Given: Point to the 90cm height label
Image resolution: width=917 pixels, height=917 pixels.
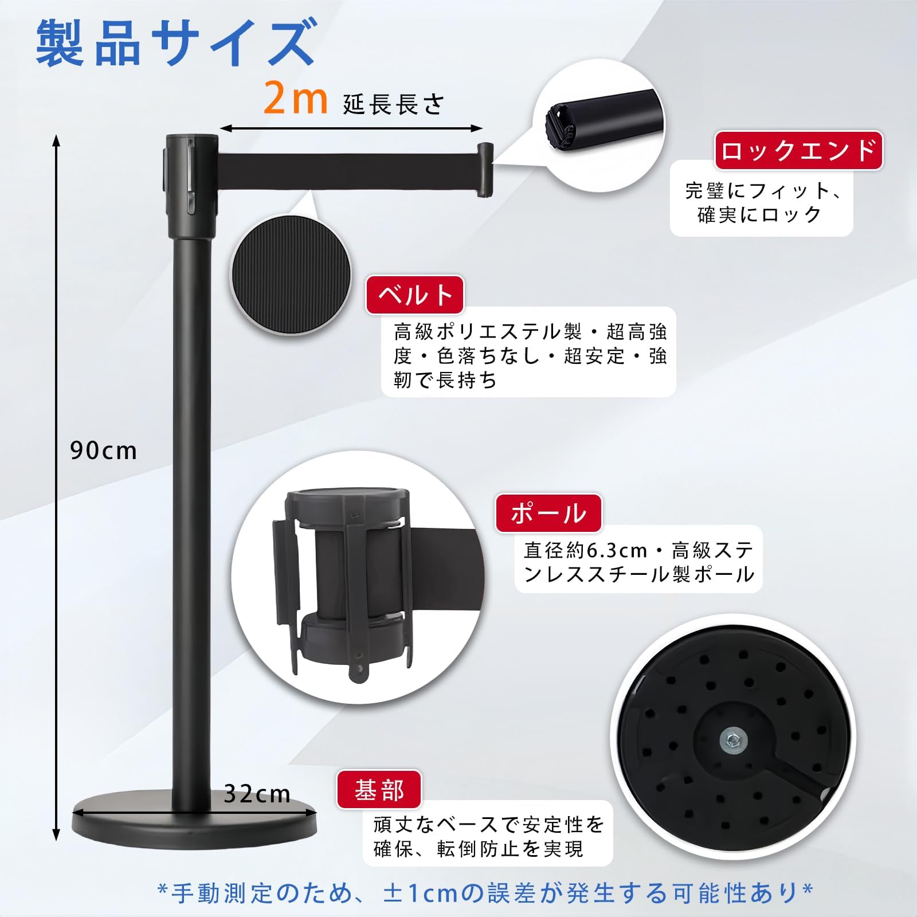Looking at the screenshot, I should pyautogui.click(x=104, y=451).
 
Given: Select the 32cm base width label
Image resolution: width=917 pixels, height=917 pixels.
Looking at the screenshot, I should pyautogui.click(x=257, y=794).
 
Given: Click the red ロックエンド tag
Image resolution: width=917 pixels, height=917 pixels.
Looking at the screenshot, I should pyautogui.click(x=798, y=151).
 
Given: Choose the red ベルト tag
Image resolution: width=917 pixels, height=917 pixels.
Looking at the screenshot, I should pyautogui.click(x=415, y=295).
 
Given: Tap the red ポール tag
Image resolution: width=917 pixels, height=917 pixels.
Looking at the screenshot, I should pyautogui.click(x=548, y=513).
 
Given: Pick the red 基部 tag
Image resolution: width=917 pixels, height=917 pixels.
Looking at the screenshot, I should pyautogui.click(x=379, y=790).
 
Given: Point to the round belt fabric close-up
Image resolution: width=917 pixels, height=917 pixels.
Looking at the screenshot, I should pyautogui.click(x=291, y=275).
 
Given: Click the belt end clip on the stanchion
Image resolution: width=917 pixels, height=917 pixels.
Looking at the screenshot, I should pyautogui.click(x=485, y=170).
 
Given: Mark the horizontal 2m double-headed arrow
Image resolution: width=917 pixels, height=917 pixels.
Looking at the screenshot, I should pyautogui.click(x=351, y=129).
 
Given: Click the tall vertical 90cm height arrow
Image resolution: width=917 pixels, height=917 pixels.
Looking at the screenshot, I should pyautogui.click(x=56, y=487).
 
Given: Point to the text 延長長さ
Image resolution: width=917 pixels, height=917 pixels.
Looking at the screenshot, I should pyautogui.click(x=393, y=105).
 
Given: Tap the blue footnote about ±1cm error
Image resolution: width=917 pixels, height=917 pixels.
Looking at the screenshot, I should pyautogui.click(x=485, y=893).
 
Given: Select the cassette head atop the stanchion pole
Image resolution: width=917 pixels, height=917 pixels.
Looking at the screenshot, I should pyautogui.click(x=191, y=186).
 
